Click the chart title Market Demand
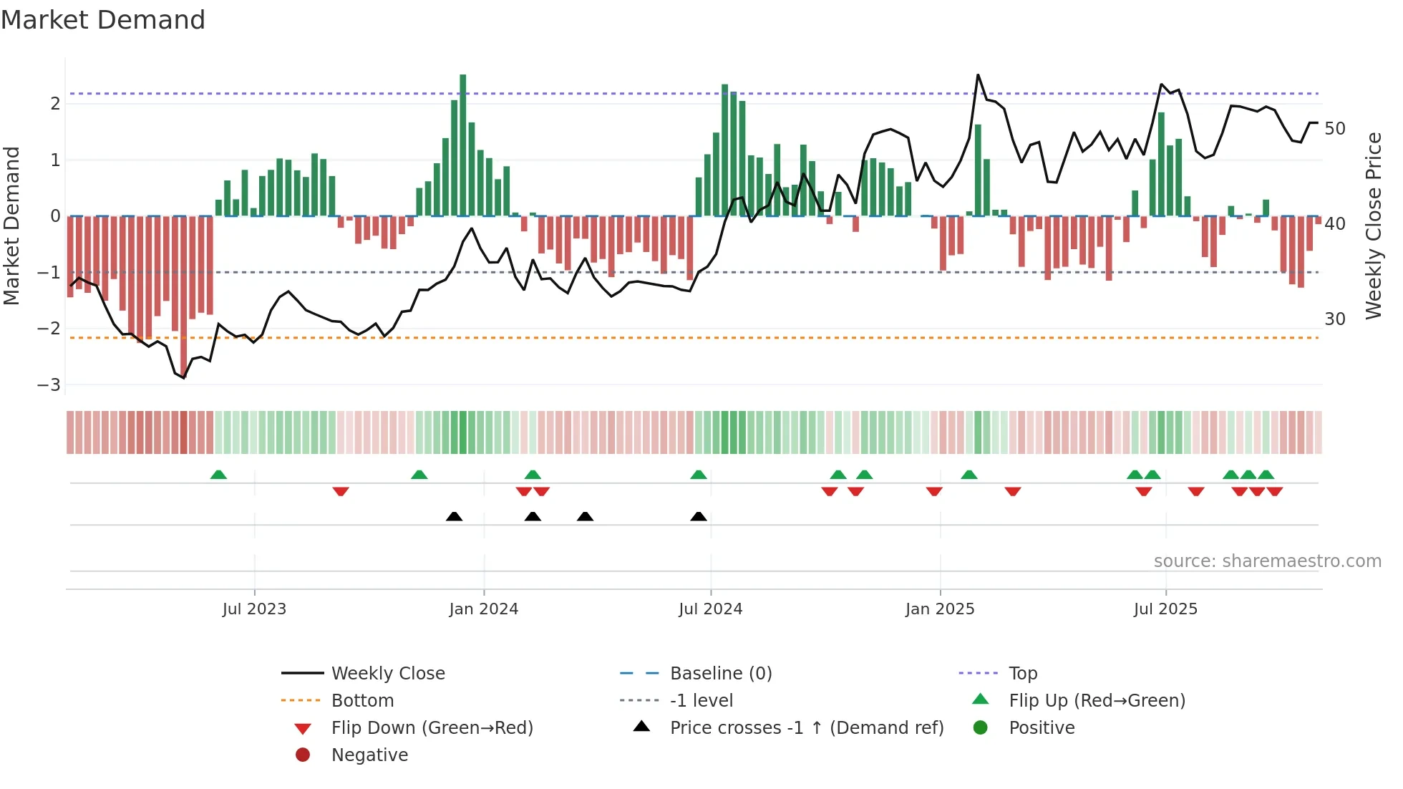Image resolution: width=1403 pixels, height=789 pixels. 103,20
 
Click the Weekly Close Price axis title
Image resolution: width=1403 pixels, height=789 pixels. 1373,226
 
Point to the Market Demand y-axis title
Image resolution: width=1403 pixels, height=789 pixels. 11,226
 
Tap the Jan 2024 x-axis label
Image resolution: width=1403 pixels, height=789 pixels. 483,609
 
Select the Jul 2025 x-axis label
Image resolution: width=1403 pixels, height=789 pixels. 1165,609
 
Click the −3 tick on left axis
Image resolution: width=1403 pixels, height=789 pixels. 49,385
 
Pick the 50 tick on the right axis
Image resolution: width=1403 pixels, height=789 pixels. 1334,129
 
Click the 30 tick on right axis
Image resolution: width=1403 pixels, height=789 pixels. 1334,319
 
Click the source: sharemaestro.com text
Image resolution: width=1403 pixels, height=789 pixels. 1267,561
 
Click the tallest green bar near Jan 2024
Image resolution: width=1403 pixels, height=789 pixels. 463,143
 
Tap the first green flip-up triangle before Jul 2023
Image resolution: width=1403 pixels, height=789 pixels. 218,475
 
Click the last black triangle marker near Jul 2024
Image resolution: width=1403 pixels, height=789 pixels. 699,516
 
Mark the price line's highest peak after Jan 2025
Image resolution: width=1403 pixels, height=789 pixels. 978,75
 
